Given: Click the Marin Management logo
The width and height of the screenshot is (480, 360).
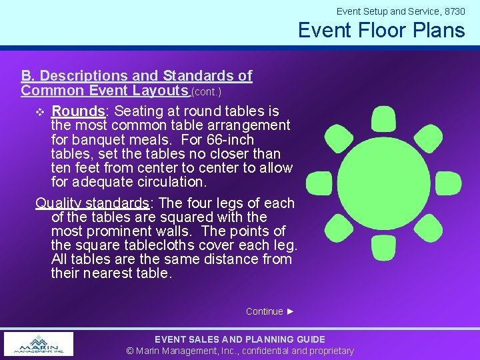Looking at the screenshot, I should click(x=39, y=344).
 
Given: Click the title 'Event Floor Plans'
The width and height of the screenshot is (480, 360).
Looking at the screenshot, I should click(x=381, y=30).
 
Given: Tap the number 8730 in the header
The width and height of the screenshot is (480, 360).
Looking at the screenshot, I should click(x=454, y=11).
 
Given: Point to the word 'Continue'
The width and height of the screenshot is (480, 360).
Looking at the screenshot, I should click(x=264, y=311).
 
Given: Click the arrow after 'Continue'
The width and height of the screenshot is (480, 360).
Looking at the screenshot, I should click(x=290, y=311).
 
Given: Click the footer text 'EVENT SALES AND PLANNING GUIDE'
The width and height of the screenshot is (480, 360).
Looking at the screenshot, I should click(x=240, y=339).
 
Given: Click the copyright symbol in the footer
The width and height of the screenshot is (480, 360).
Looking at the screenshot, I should click(x=131, y=351).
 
